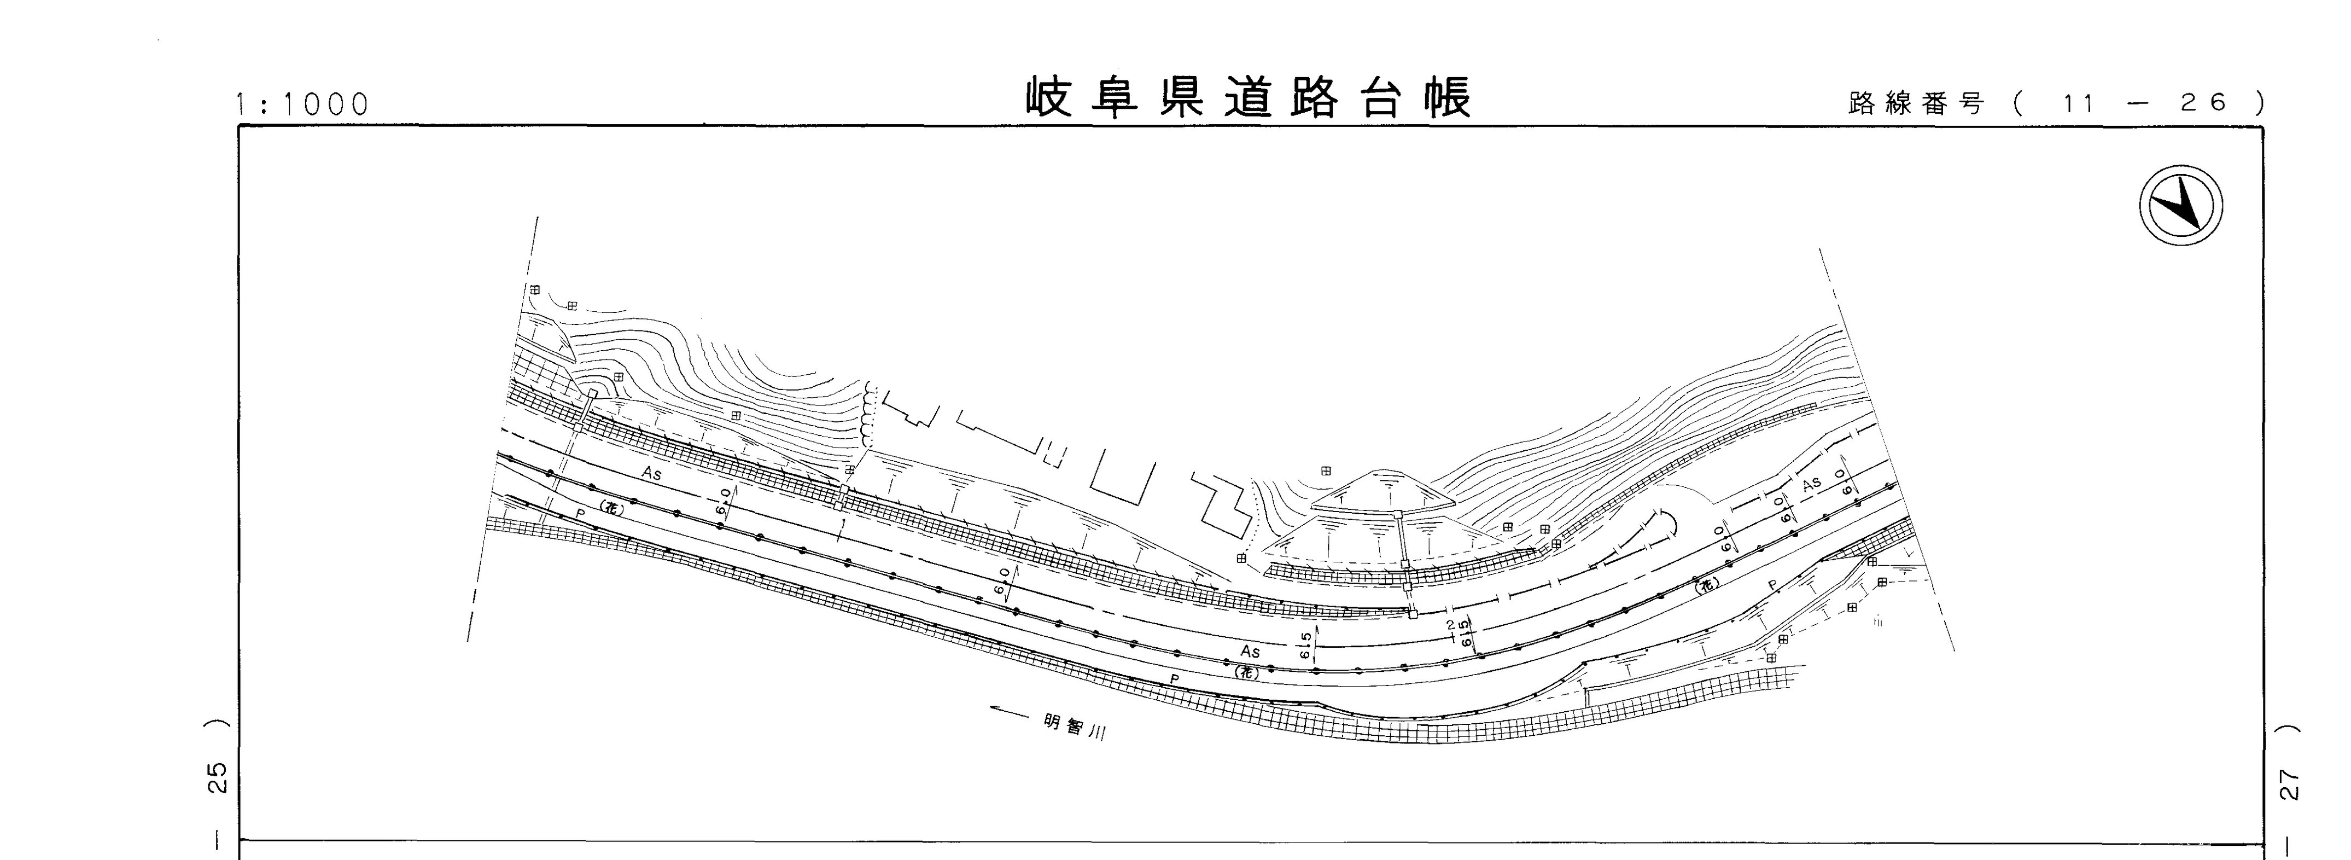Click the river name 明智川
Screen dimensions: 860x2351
tap(1075, 728)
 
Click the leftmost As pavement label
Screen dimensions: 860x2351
tap(651, 474)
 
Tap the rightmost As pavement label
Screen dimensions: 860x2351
tap(1811, 484)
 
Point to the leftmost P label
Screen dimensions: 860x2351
tap(580, 514)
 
